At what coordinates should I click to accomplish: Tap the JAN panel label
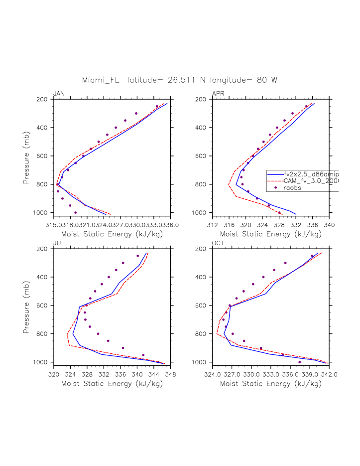click(x=59, y=94)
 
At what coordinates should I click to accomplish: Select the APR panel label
click(x=218, y=94)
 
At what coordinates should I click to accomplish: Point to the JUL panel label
click(x=58, y=243)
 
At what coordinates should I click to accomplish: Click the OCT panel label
click(x=218, y=243)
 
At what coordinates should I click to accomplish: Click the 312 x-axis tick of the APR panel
click(x=213, y=223)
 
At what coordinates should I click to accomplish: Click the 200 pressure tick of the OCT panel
click(x=205, y=249)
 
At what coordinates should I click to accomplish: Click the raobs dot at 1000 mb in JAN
click(x=75, y=212)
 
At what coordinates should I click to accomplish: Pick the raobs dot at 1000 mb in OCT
click(x=299, y=362)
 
